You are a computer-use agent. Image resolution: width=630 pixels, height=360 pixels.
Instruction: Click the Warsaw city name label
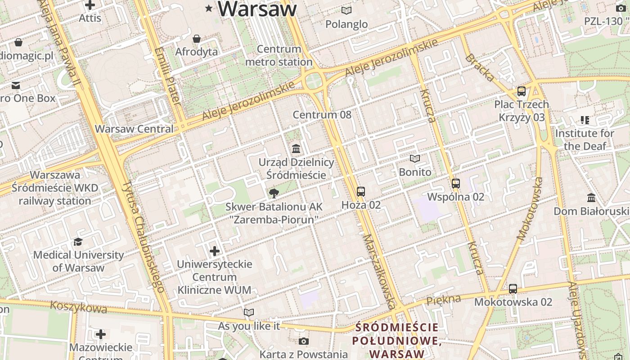tap(257, 9)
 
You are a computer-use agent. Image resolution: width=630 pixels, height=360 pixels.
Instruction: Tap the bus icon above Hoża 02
tap(361, 192)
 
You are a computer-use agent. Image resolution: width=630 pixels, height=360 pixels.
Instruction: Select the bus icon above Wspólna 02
tap(456, 184)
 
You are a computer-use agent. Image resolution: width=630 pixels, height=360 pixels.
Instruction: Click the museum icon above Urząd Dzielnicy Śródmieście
tap(296, 148)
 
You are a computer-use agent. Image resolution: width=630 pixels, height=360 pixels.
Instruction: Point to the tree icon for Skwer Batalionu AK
tap(274, 193)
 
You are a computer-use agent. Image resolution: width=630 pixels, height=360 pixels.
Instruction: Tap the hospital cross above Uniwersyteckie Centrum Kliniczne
tap(215, 251)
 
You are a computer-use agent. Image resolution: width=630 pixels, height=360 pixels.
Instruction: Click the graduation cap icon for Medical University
tap(78, 242)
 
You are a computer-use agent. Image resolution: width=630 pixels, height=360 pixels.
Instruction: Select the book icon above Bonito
tap(415, 159)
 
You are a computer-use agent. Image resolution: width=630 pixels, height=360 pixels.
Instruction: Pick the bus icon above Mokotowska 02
tap(513, 289)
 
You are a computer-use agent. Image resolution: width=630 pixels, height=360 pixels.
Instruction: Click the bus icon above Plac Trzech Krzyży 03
tap(522, 91)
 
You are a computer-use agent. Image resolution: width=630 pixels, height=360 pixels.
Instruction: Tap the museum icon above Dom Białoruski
tap(591, 198)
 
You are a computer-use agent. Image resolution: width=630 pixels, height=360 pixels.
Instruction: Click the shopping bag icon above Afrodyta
tap(196, 39)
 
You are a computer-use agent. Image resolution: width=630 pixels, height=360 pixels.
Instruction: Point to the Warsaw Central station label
tap(134, 129)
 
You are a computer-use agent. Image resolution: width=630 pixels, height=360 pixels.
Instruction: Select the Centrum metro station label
tap(279, 55)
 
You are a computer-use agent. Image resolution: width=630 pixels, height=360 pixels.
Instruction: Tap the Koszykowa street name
tap(79, 307)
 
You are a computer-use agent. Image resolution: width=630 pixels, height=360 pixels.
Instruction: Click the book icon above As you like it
tap(249, 312)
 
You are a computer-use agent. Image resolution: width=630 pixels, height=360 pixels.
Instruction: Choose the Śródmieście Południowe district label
tap(396, 341)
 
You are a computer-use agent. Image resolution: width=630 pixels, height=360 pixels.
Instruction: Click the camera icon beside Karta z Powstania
tap(304, 341)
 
